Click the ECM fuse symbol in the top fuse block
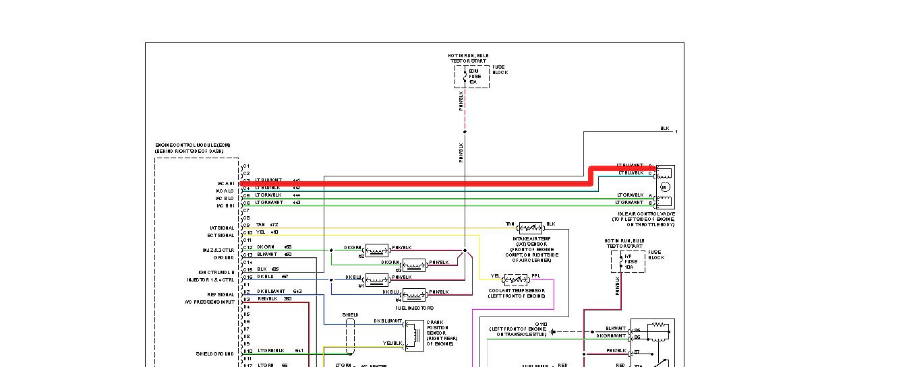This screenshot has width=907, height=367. [x=465, y=76]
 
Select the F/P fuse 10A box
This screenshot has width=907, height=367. [x=628, y=261]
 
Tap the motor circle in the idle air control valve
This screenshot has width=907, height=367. [x=664, y=187]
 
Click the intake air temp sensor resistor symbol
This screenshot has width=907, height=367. [x=530, y=228]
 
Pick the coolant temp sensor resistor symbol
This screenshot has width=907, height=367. [x=516, y=279]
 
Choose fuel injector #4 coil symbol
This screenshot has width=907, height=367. [x=414, y=294]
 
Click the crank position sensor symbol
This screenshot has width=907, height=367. [x=413, y=335]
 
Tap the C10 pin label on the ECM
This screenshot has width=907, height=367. [x=247, y=232]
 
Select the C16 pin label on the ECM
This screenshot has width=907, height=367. [x=247, y=277]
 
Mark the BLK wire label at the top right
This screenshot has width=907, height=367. [x=664, y=129]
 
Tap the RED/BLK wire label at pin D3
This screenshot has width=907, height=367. [x=267, y=298]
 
